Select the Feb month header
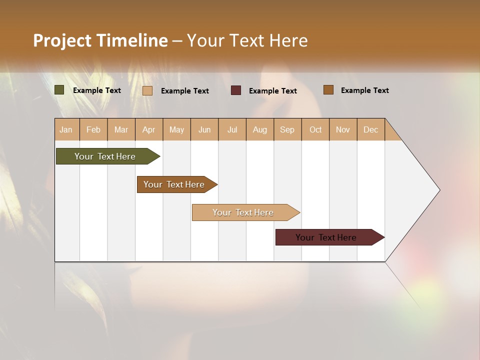point(93,129)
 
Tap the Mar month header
point(121,129)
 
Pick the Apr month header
point(149,129)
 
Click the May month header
point(176,129)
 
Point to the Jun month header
point(204,129)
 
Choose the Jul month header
point(232,129)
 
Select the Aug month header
point(260,129)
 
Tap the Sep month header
point(287,129)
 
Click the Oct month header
point(315,129)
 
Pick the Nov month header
point(343,129)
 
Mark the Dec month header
point(371,129)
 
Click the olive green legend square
point(59,90)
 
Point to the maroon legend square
point(236,90)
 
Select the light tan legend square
point(147,90)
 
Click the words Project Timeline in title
point(100,40)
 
